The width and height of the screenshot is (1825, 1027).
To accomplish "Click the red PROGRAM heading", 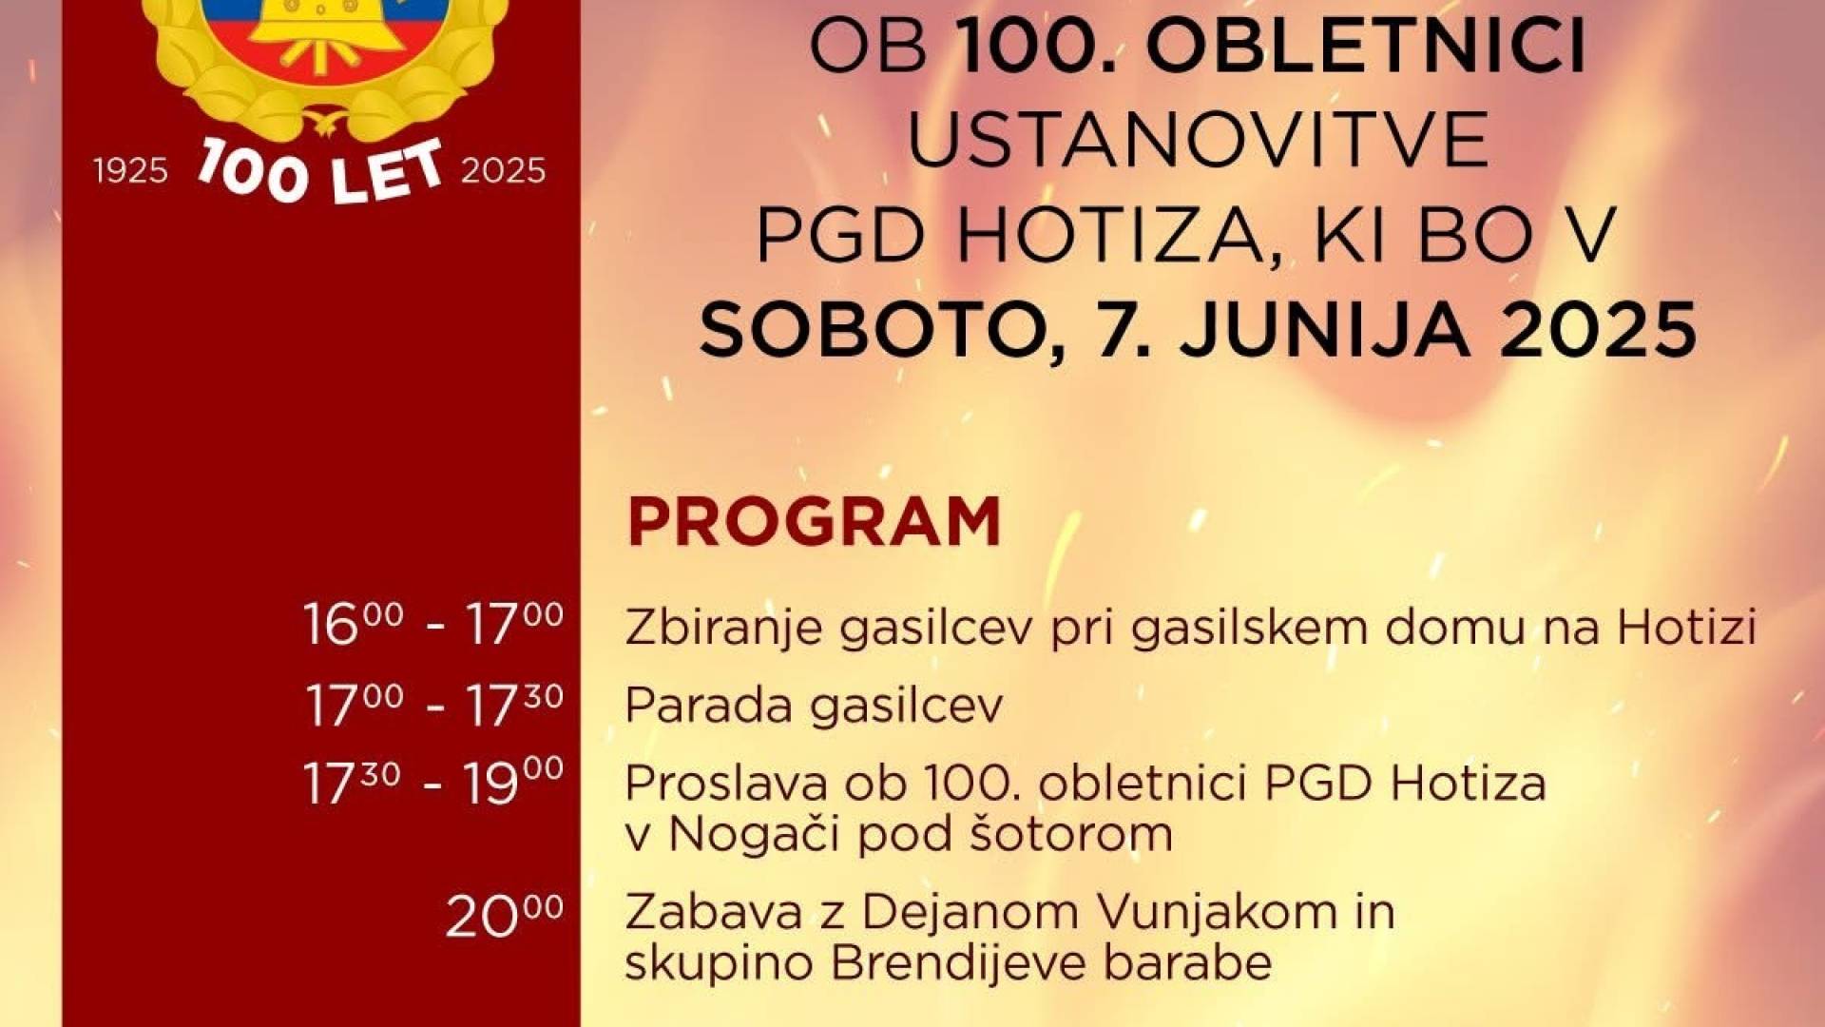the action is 815,521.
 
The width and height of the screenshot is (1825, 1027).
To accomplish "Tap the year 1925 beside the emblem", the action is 130,171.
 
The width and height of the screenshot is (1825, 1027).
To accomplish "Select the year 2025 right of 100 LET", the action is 503,171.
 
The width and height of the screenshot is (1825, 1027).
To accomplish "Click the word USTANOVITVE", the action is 1199,140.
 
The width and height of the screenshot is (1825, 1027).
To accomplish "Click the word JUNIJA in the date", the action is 1317,329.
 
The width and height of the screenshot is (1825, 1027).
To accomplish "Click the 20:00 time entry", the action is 505,915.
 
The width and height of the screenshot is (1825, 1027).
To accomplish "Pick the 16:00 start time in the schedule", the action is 353,624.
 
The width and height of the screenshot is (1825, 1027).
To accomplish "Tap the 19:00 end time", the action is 514,784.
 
